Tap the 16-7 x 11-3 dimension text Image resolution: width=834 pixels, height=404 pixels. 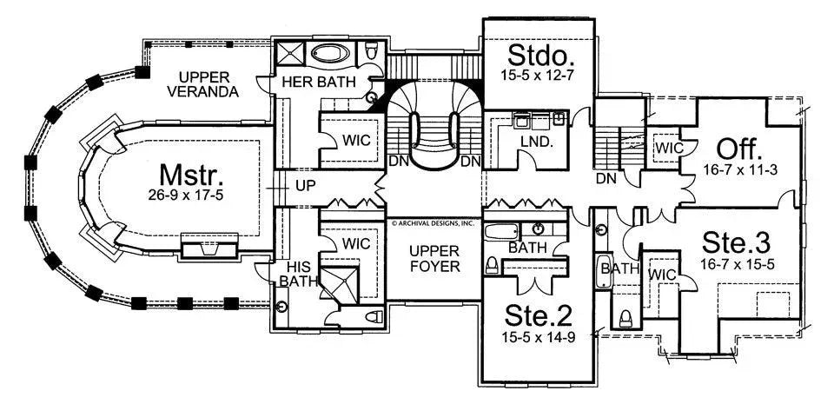(x=738, y=169)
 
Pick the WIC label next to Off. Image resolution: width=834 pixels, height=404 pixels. (x=670, y=148)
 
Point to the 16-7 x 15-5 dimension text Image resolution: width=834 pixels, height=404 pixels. (x=738, y=262)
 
